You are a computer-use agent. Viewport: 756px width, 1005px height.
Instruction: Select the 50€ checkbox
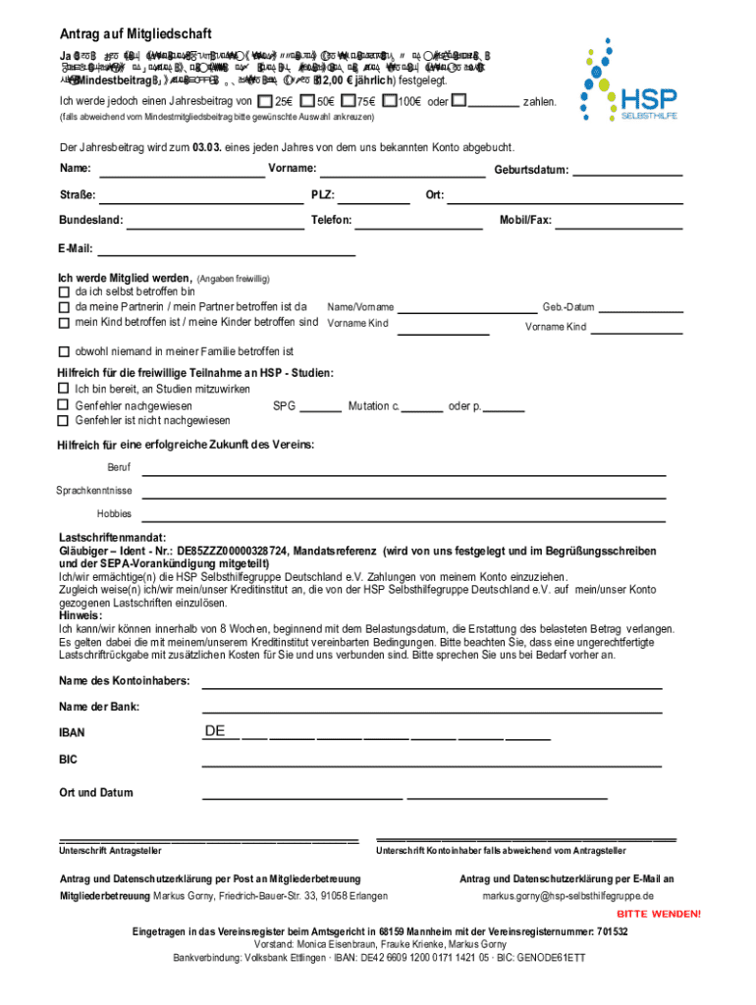308,100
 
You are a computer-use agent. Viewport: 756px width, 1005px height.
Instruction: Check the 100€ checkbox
390,100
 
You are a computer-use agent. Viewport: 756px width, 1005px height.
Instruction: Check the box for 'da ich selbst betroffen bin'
65,291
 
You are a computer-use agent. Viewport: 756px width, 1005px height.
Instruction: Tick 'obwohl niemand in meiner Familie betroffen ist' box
65,351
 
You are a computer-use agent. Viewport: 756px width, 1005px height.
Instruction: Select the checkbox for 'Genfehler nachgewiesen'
65,405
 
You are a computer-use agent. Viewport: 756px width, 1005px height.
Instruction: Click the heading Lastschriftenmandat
113,539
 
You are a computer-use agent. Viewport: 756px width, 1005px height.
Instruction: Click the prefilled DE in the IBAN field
215,731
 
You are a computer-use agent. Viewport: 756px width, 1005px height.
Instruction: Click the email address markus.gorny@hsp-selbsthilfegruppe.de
567,896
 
